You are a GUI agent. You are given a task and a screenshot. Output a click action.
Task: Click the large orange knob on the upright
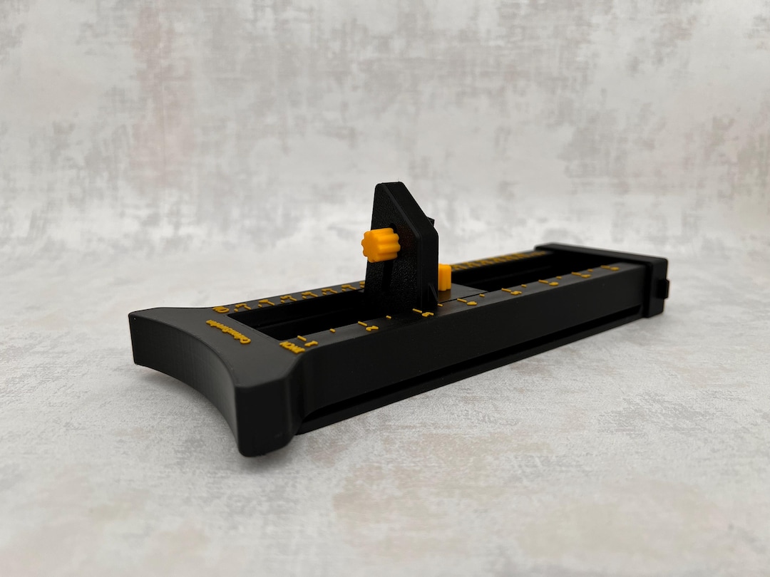376,244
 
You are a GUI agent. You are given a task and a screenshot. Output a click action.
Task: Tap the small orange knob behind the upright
443,276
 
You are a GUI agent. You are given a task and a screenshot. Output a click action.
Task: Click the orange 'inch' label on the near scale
291,346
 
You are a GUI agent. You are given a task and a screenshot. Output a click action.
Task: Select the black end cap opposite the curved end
652,281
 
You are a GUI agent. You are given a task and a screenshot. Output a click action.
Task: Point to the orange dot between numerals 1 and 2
332,331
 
